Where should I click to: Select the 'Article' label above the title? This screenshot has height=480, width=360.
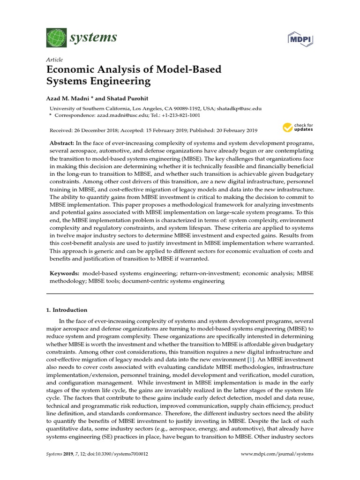pyautogui.click(x=54, y=60)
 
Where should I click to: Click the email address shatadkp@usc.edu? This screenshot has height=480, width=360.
pyautogui.click(x=238, y=107)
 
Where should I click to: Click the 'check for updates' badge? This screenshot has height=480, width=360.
pyautogui.click(x=297, y=127)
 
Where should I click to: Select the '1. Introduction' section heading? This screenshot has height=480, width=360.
pyautogui.click(x=67, y=310)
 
